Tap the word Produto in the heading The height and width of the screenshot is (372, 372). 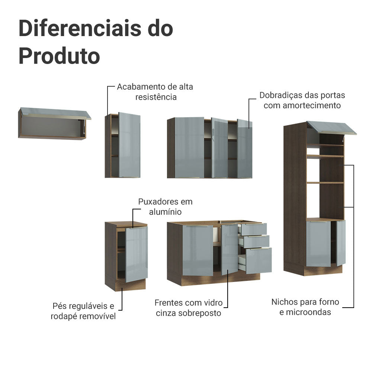[x=59, y=56]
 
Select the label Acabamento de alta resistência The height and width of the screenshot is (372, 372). [x=155, y=92]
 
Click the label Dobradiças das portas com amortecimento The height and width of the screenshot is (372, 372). [x=302, y=100]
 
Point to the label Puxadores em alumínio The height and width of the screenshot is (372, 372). [x=165, y=206]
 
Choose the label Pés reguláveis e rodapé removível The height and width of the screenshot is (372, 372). [x=83, y=311]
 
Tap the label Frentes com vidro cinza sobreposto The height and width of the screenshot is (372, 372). [x=188, y=308]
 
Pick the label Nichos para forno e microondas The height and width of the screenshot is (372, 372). [x=305, y=307]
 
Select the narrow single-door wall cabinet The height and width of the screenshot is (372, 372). [x=129, y=145]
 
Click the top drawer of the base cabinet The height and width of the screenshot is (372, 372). [x=254, y=229]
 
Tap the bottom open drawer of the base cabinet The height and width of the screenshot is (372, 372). [x=258, y=260]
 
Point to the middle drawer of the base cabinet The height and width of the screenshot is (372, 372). [x=256, y=241]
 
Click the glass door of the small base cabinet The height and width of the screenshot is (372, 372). [x=136, y=254]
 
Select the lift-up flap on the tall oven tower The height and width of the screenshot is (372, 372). [x=331, y=128]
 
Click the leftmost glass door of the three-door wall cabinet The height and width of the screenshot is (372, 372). [x=189, y=147]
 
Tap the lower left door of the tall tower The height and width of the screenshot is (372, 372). [x=318, y=243]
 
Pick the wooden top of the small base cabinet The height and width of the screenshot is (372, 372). [x=126, y=224]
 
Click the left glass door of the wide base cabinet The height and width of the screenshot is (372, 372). [x=198, y=250]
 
